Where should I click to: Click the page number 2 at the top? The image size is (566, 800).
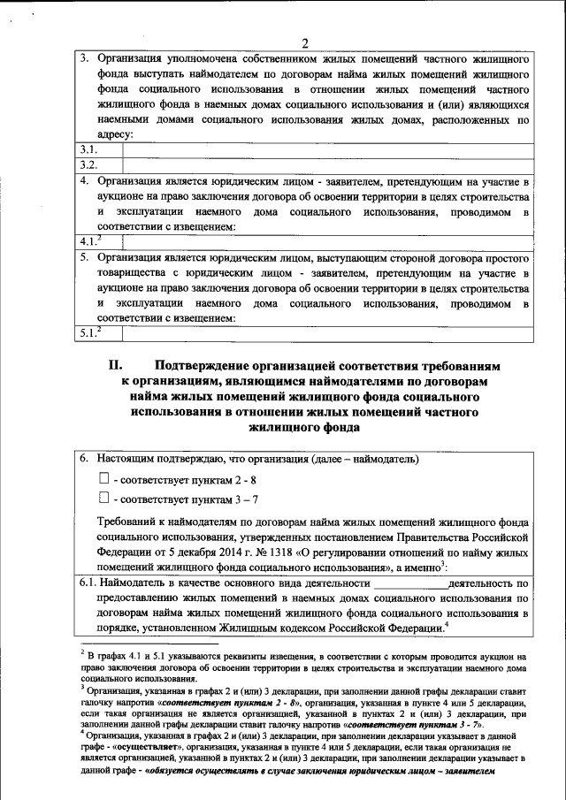click(x=305, y=43)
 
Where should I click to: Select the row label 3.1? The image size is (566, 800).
click(x=87, y=149)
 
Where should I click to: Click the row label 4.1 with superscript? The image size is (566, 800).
click(x=89, y=240)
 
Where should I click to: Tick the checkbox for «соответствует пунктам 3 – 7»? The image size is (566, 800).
click(x=103, y=499)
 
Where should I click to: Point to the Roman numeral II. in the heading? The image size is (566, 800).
click(x=119, y=364)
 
